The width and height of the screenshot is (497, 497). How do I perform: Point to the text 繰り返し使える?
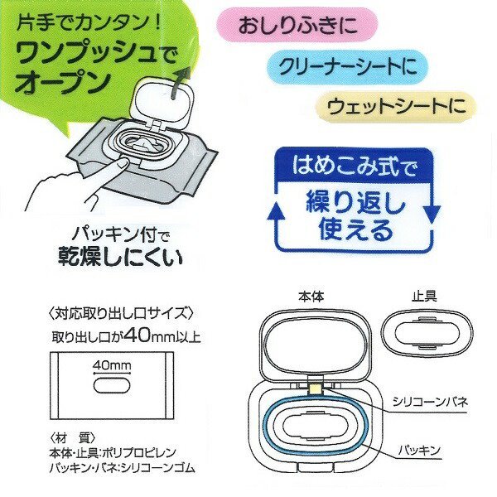pos(354,215)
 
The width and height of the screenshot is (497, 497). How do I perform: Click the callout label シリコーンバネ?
pos(431,400)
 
